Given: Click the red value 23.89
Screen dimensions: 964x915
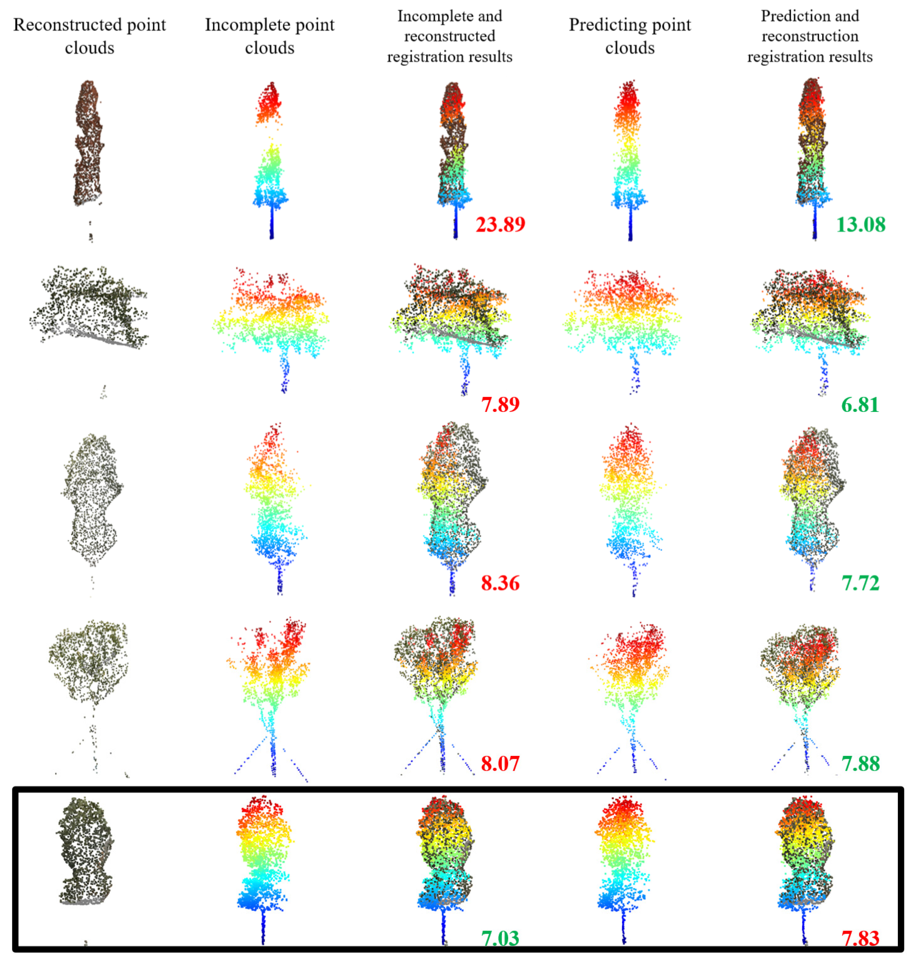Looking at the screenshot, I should [500, 224].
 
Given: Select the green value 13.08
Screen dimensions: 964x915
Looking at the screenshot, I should [860, 224].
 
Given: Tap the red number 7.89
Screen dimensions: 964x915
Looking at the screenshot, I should [500, 404].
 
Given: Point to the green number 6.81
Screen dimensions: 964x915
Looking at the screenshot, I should [860, 404].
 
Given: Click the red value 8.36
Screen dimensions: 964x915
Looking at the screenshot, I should [500, 583].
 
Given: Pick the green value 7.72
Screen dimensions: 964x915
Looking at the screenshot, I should [860, 583].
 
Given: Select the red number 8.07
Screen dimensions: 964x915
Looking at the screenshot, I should [500, 763].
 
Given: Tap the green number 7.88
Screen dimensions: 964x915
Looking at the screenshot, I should [860, 763].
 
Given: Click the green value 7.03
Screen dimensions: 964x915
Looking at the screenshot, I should [500, 938].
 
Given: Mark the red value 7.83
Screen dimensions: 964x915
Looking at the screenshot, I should [860, 938].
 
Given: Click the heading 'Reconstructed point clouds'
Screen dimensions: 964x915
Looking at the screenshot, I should [90, 36].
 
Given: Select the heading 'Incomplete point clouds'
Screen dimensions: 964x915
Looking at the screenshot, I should [270, 36].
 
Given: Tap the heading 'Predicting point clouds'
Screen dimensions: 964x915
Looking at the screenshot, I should [630, 36].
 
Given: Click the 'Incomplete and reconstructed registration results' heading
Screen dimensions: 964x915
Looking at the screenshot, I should [450, 36].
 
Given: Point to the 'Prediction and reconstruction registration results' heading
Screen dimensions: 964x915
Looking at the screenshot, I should [810, 36].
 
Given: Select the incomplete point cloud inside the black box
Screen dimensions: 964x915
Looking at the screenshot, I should [264, 858].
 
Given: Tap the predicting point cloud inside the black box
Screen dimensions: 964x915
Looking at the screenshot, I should [624, 858].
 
